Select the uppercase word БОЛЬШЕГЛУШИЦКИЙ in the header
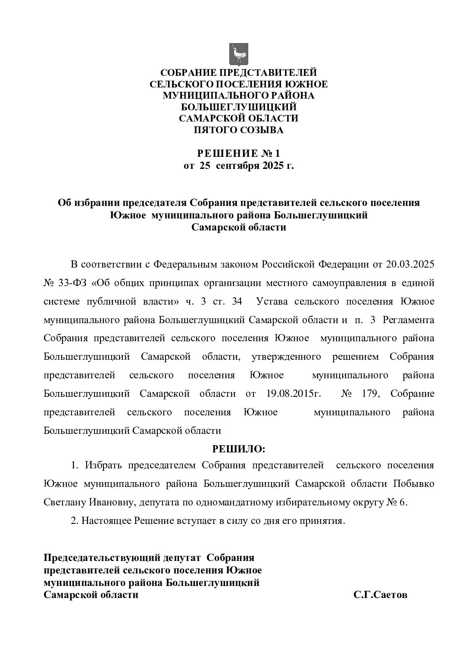point(238,106)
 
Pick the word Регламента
point(409,320)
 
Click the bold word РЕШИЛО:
point(239,449)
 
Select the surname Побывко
point(413,483)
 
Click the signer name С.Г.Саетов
point(380,595)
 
